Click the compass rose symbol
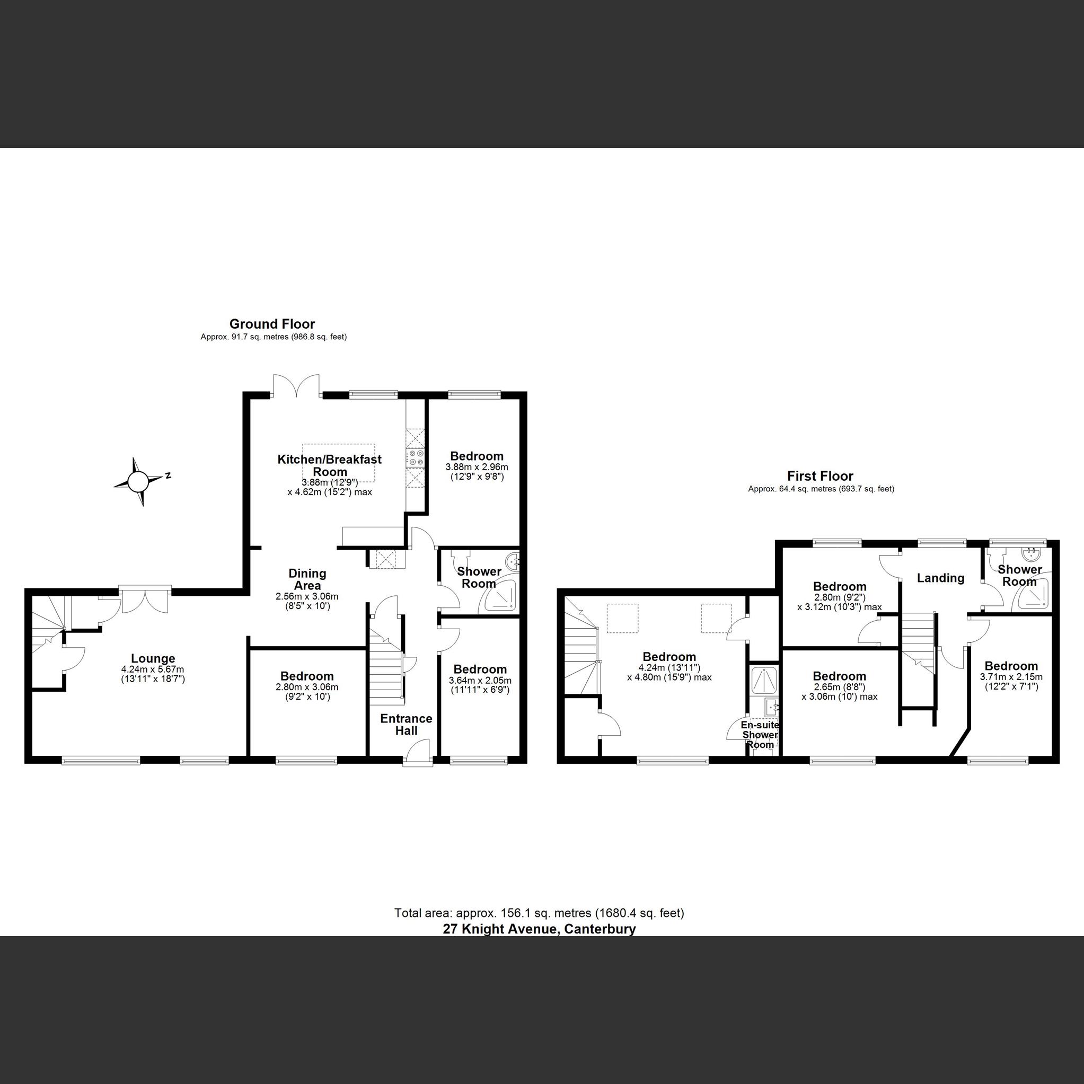click(138, 481)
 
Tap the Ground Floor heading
click(272, 324)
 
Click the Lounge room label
click(153, 659)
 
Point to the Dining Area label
click(307, 579)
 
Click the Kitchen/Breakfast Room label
click(329, 465)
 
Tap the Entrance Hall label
click(406, 725)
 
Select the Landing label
click(940, 578)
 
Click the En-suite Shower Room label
click(760, 735)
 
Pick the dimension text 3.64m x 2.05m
click(480, 680)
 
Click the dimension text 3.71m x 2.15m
click(1011, 677)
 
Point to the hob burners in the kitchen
click(416, 458)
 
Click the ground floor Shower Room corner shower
click(500, 597)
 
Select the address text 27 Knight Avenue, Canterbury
click(539, 929)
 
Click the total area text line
click(539, 913)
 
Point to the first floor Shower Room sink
click(1032, 556)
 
